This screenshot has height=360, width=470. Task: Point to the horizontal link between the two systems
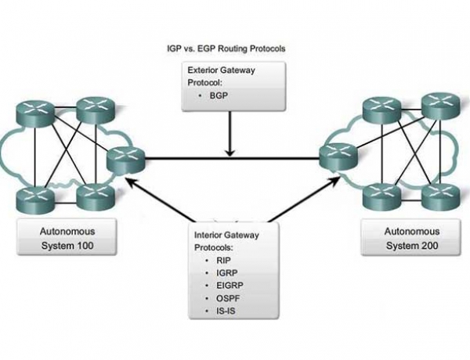coord(232,158)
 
